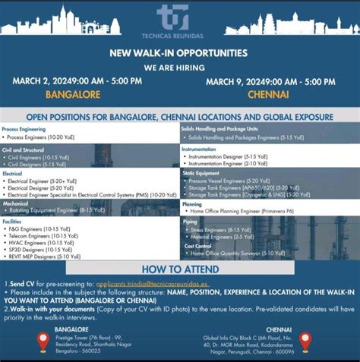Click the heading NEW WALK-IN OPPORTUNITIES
(179, 53)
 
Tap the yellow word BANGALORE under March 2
(73, 95)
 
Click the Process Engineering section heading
(24, 129)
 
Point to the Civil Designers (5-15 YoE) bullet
(36, 164)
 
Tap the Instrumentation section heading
(200, 150)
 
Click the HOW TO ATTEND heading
(179, 269)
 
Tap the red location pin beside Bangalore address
(43, 341)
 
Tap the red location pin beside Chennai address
(305, 341)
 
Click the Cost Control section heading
(196, 246)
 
